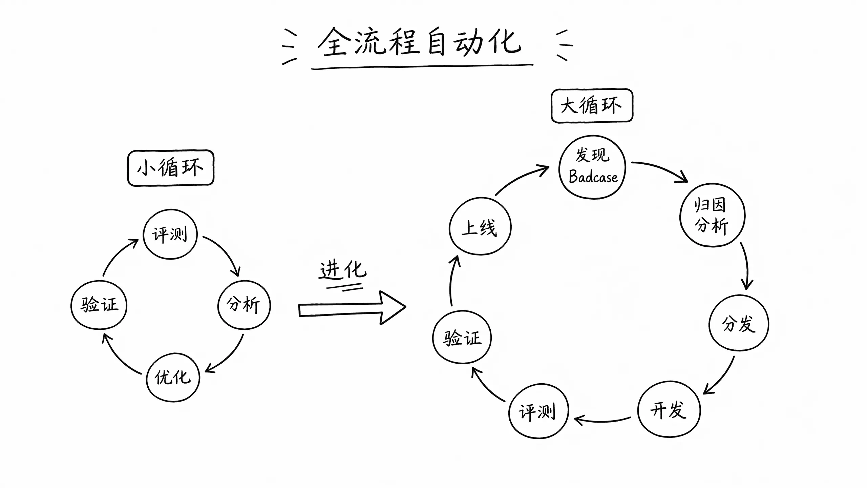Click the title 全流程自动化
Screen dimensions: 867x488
420,42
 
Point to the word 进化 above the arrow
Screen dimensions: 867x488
343,270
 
